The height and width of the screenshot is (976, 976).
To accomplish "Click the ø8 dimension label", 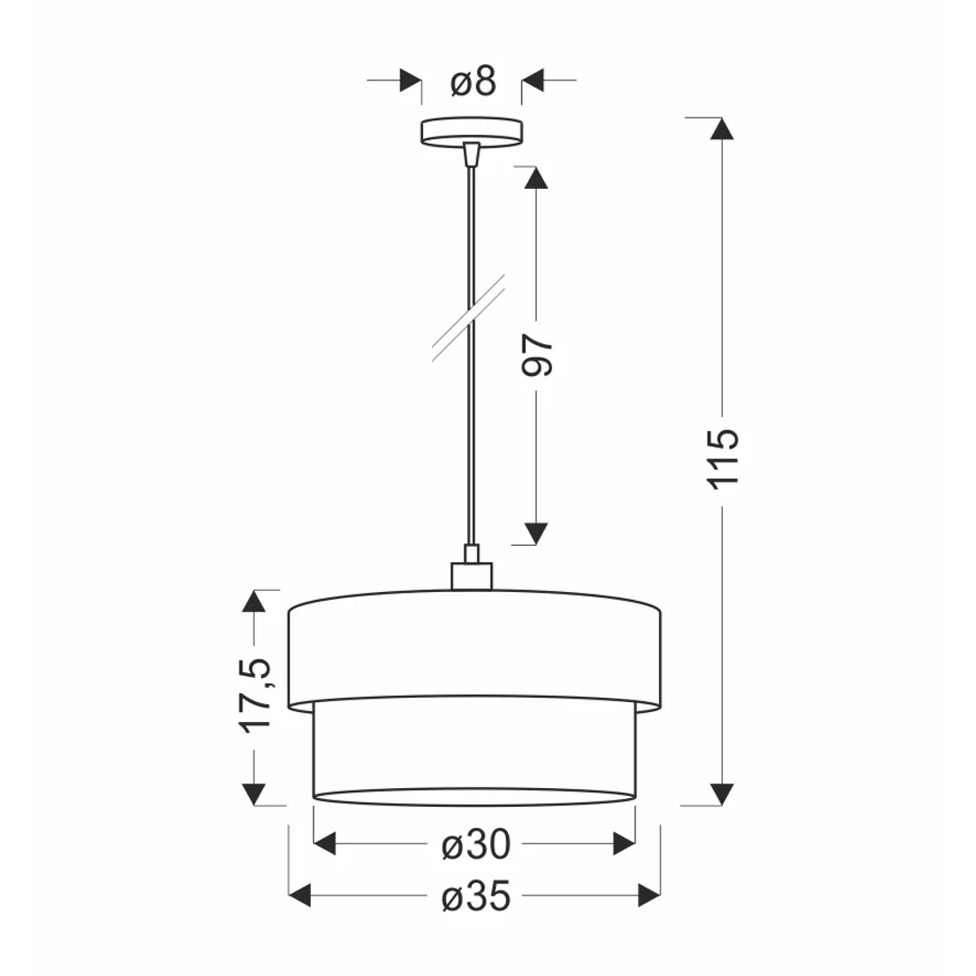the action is pyautogui.click(x=474, y=81).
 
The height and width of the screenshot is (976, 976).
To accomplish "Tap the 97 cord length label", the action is pyautogui.click(x=537, y=355).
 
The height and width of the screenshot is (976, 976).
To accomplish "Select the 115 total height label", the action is pyautogui.click(x=723, y=459).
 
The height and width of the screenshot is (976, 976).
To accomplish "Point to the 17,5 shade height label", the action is pyautogui.click(x=255, y=695).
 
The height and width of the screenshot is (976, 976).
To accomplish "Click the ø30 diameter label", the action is pyautogui.click(x=476, y=845).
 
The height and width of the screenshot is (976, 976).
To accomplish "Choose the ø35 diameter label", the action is pyautogui.click(x=476, y=897).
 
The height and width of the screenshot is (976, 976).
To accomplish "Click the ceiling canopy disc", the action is pyautogui.click(x=472, y=131).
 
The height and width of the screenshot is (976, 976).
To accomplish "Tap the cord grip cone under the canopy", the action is pyautogui.click(x=472, y=153).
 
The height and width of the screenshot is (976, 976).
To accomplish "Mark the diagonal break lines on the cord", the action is pyautogui.click(x=468, y=317).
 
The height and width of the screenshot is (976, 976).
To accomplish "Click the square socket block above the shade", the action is pyautogui.click(x=472, y=576).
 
